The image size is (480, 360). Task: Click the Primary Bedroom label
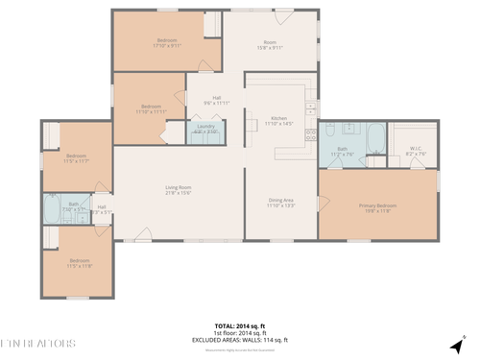click(377, 205)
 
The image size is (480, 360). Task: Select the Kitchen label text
click(279, 118)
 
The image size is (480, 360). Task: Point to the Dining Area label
click(280, 200)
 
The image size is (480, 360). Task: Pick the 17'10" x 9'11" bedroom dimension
click(166, 45)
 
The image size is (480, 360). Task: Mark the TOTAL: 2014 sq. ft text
click(238, 325)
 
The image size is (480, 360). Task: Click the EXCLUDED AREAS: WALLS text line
click(240, 340)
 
